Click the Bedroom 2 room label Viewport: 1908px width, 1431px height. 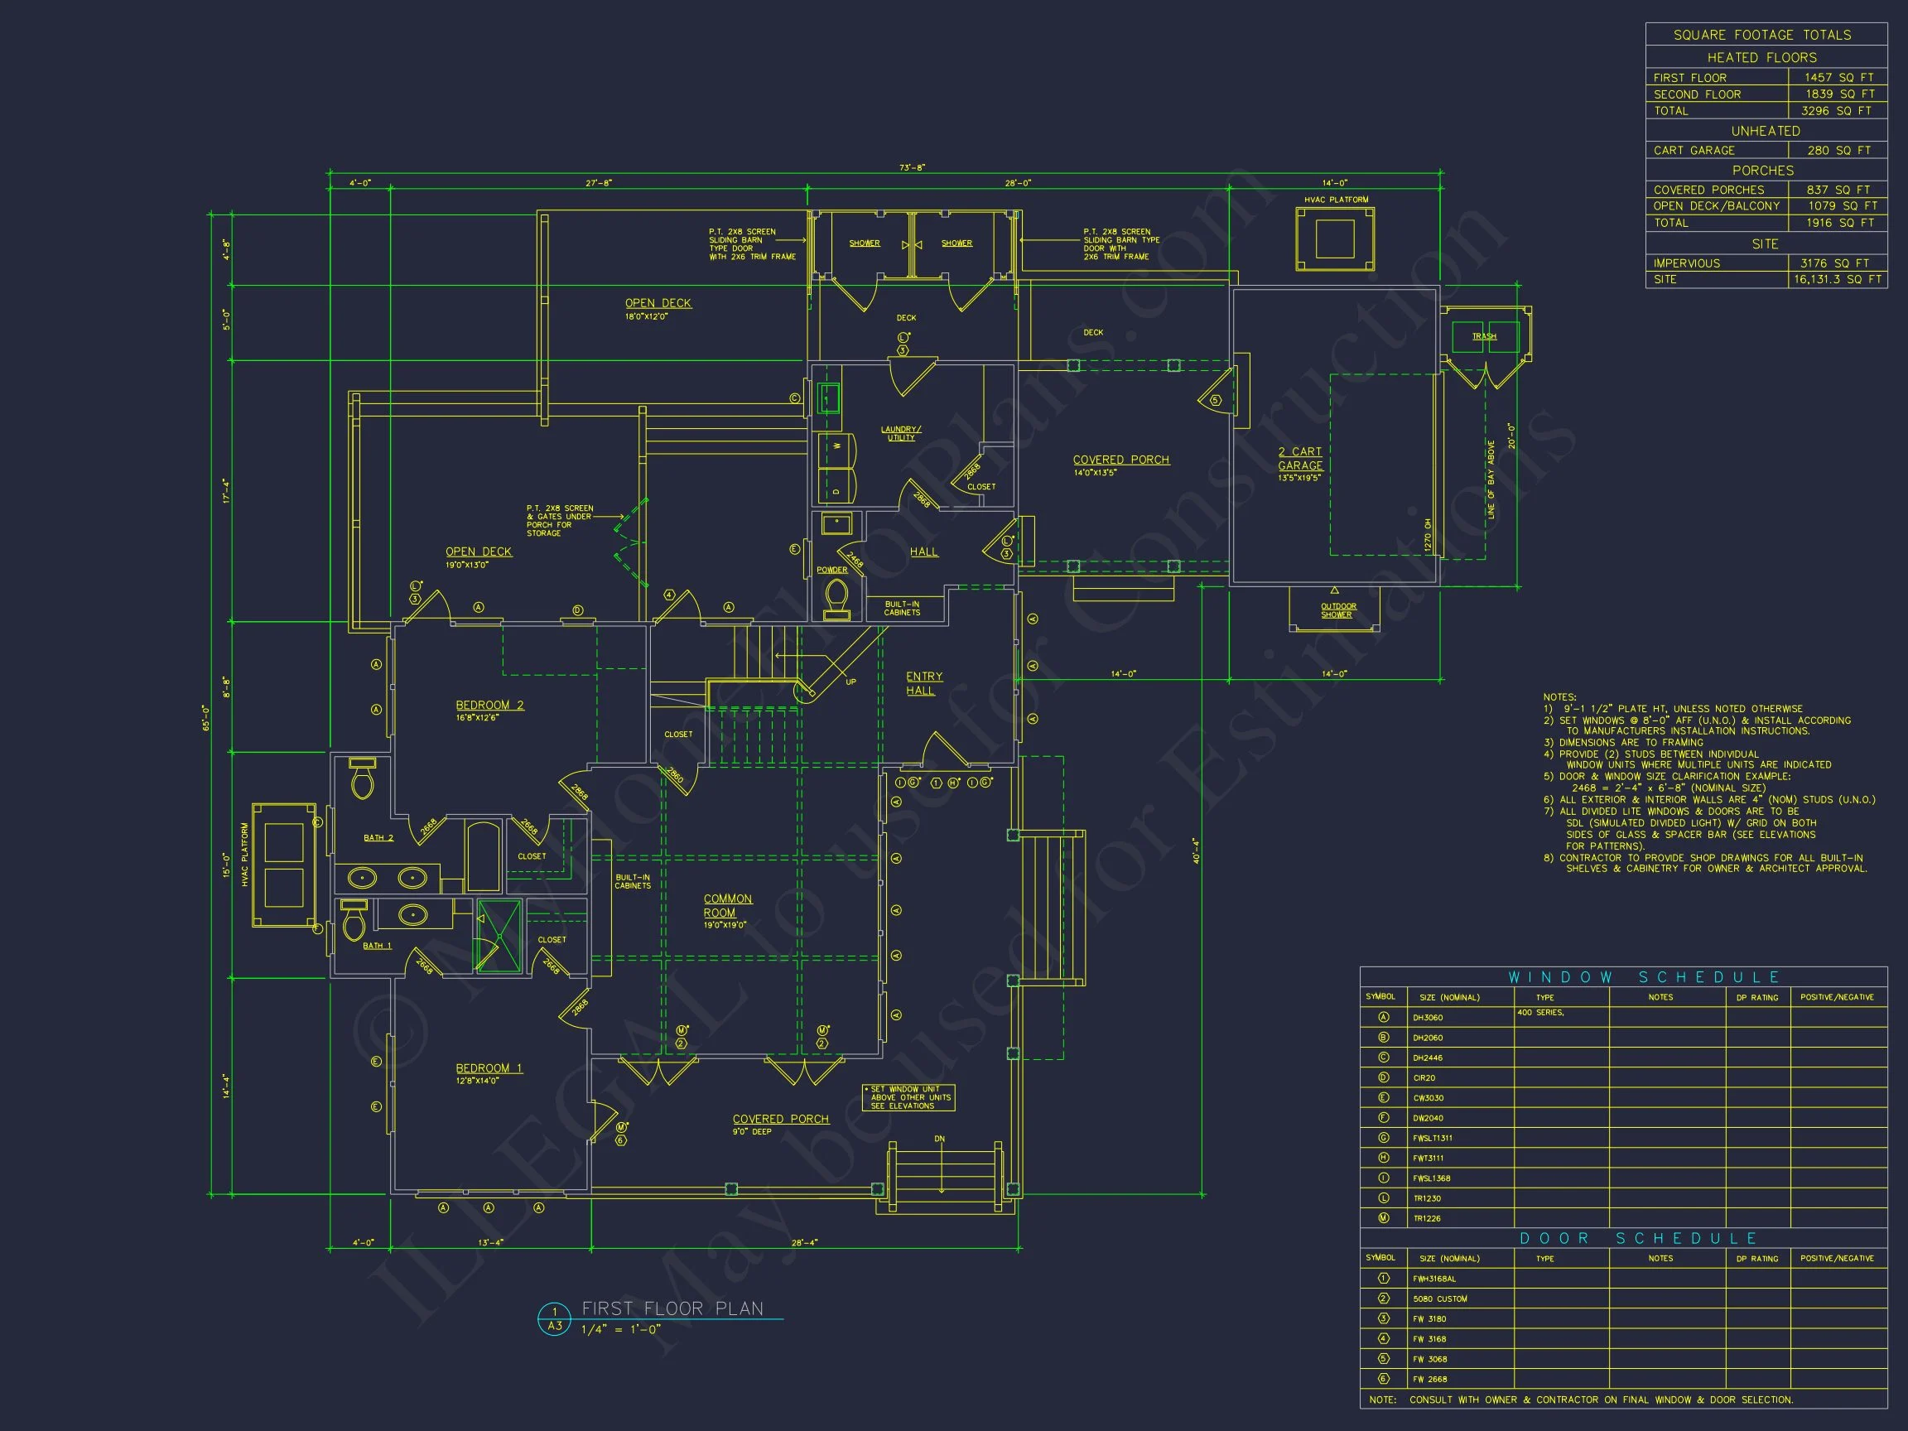489,705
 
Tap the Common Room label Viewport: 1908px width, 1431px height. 727,905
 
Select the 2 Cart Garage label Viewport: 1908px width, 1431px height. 1300,458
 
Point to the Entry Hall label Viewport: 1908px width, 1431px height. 924,683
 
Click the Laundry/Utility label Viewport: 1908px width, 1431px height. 900,433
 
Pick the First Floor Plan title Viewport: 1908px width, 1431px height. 672,1308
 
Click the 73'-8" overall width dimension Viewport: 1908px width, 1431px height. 912,167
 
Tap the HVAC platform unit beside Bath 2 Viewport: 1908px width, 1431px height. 284,865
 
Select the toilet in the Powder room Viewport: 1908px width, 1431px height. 836,597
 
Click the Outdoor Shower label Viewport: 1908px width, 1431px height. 1338,609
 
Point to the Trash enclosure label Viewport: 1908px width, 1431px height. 1484,336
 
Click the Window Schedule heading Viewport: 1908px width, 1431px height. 1643,977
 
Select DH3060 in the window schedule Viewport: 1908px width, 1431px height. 1428,1018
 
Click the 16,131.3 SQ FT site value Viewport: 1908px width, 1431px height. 1838,279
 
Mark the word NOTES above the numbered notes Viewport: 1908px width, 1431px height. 1559,697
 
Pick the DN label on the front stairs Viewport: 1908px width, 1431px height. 939,1139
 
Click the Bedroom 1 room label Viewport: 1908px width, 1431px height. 489,1067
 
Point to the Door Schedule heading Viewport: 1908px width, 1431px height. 1638,1238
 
